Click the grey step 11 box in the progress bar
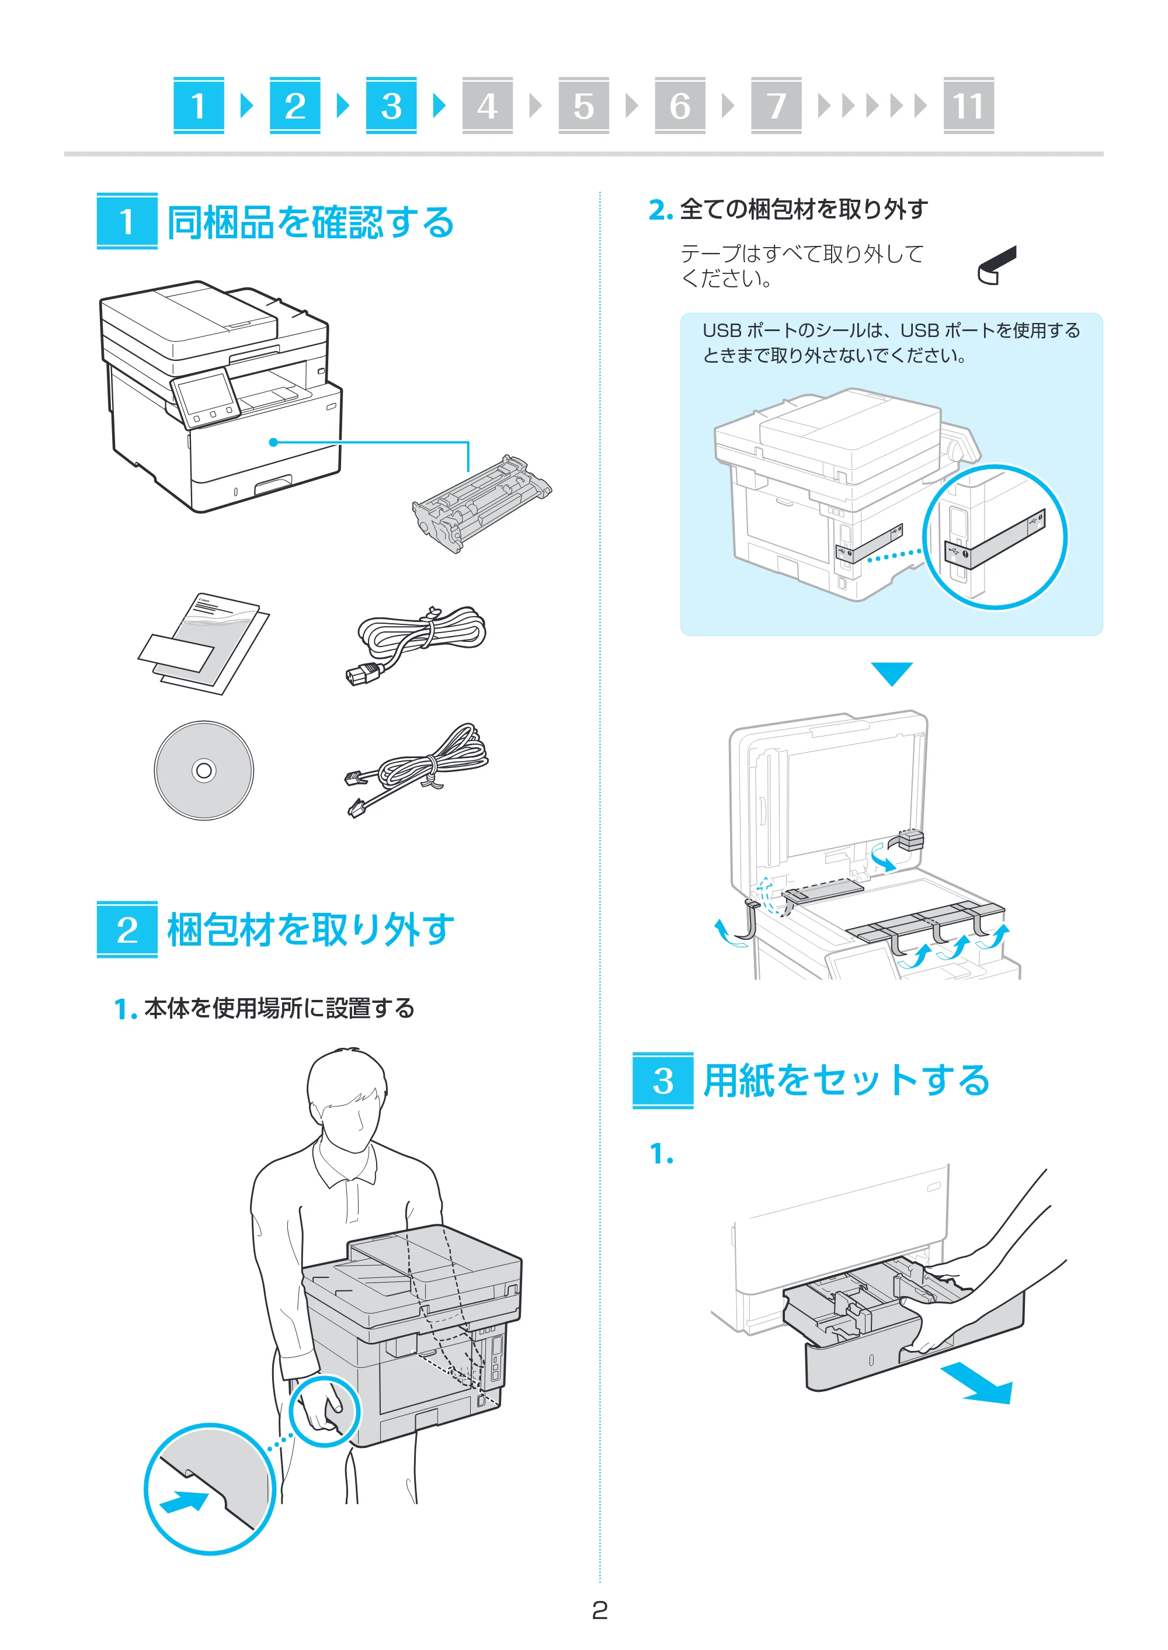[968, 106]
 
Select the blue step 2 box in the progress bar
[295, 106]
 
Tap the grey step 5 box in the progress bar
[583, 106]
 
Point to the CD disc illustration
[204, 770]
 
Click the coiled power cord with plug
[415, 644]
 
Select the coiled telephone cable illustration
[417, 771]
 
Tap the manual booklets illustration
[204, 644]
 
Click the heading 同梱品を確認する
[311, 223]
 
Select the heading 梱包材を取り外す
[311, 930]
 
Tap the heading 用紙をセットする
[847, 1081]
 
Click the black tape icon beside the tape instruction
[997, 265]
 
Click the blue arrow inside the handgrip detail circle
[184, 1503]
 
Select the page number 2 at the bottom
[600, 1610]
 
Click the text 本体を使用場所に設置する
[279, 1009]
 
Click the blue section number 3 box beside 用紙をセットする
[663, 1081]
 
